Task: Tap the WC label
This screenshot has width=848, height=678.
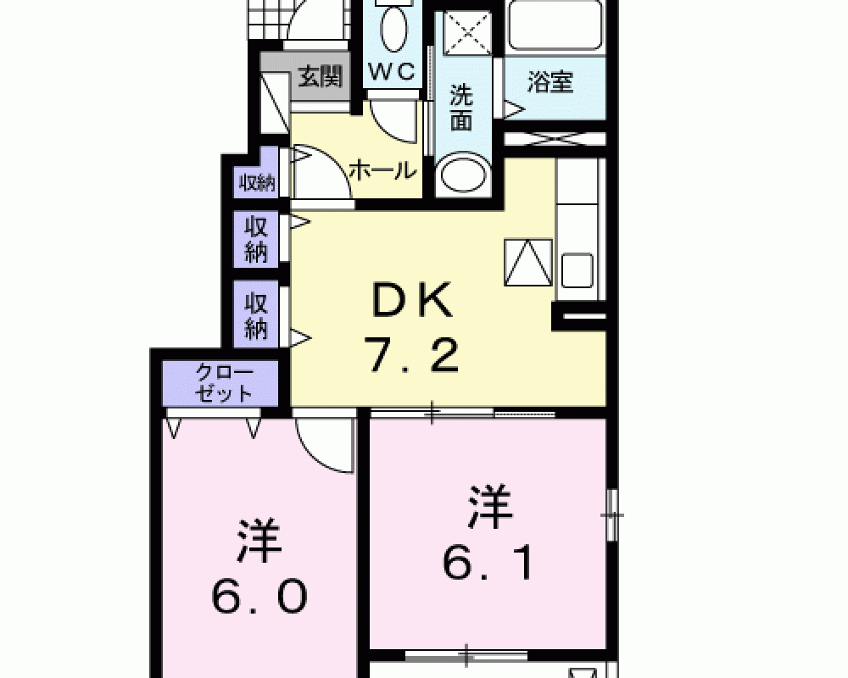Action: tap(393, 71)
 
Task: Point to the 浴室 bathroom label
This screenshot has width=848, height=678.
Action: tap(550, 81)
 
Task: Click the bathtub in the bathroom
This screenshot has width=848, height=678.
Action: tap(555, 25)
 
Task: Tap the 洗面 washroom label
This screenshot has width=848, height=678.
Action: tap(461, 108)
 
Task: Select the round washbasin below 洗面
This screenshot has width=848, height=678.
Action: tap(464, 173)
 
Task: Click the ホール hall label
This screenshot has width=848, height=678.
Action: tap(383, 171)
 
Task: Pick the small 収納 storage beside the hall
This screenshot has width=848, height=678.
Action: tap(258, 183)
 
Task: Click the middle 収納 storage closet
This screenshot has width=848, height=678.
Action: tap(256, 238)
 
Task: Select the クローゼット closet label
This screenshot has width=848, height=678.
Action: tap(224, 383)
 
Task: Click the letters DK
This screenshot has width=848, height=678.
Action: tap(412, 301)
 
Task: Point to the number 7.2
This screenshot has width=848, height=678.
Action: tap(413, 355)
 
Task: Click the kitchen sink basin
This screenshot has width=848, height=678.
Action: tap(577, 270)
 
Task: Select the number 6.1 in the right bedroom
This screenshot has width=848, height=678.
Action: tap(488, 562)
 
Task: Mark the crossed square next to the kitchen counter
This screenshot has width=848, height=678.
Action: tap(528, 262)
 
